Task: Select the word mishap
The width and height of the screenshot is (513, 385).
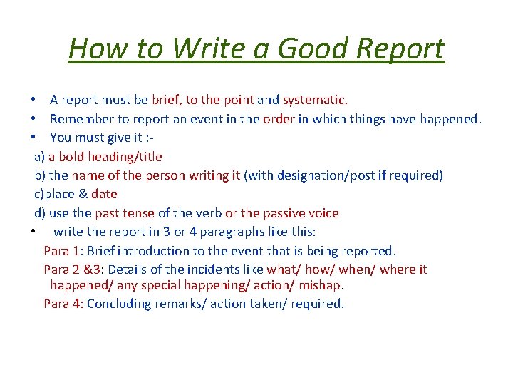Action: point(321,285)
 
